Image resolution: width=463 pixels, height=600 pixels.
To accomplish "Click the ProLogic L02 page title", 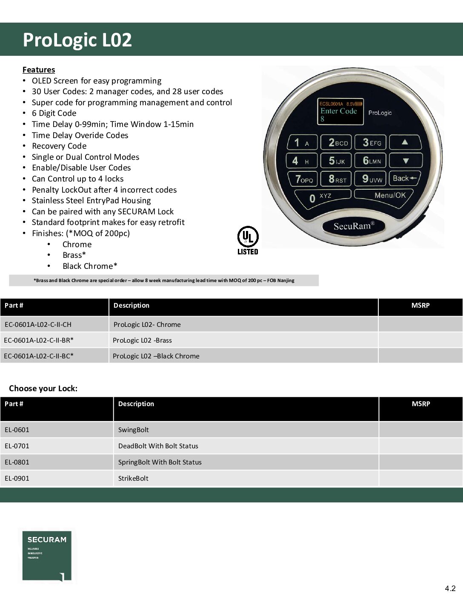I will [x=77, y=40].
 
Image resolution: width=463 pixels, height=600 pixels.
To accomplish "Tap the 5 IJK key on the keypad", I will [x=337, y=161].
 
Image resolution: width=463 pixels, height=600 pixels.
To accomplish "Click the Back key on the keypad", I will [x=406, y=179].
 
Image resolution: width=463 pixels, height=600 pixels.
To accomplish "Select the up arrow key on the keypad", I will [x=405, y=142].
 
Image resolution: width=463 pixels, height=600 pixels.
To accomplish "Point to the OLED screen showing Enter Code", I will [x=341, y=112].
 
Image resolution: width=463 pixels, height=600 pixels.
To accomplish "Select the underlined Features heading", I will [x=39, y=70].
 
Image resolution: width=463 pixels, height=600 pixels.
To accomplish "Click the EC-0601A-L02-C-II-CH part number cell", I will [x=38, y=324].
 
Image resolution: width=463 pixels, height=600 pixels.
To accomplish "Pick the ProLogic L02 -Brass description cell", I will [x=142, y=340].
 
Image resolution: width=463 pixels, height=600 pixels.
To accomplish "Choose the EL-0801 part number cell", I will [x=17, y=462].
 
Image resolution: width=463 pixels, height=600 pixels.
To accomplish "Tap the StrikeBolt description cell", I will [x=133, y=478].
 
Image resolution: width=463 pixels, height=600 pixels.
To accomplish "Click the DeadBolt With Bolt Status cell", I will [x=158, y=446].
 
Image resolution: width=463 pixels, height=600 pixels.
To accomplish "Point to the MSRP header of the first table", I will [x=420, y=306].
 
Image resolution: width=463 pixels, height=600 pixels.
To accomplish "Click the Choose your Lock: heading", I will [x=43, y=388].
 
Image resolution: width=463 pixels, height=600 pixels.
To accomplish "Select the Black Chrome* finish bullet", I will [x=90, y=266].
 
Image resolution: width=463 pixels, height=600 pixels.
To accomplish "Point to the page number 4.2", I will [x=450, y=588].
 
